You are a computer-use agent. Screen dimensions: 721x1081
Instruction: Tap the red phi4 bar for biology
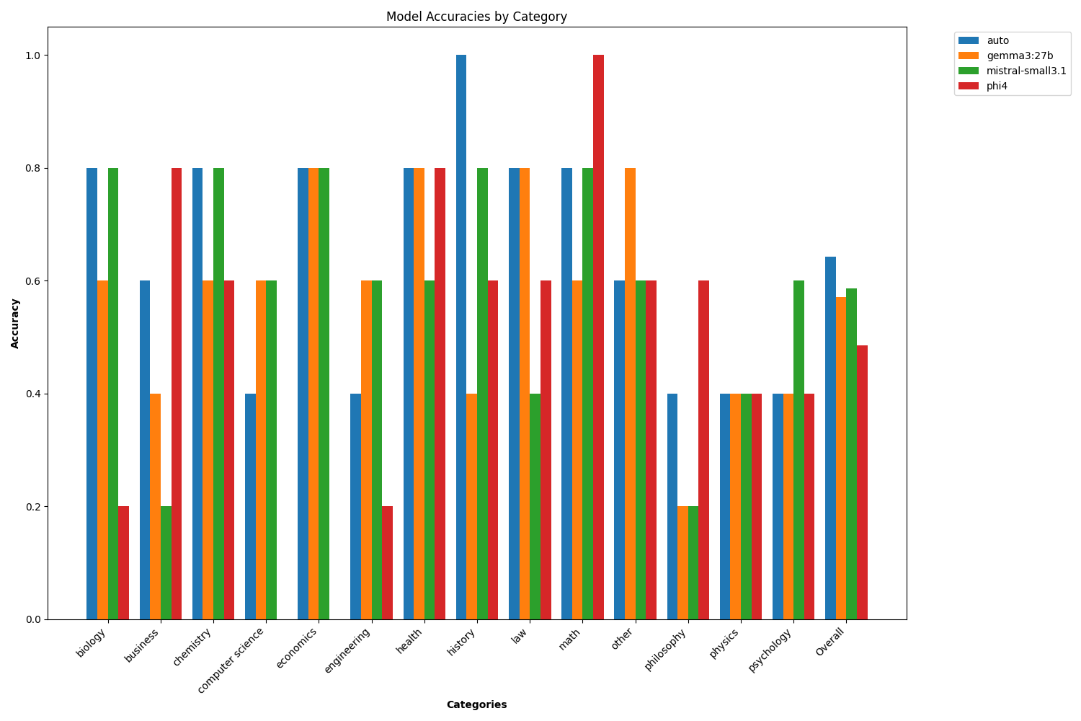point(123,562)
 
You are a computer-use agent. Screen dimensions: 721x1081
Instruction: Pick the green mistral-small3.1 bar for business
point(166,562)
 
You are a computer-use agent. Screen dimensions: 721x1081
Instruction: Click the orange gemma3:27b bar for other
point(630,393)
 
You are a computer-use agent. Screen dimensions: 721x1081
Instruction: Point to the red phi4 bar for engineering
point(387,562)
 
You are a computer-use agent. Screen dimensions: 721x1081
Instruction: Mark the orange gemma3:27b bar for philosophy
point(682,562)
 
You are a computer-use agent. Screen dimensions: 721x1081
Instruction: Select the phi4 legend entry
point(997,86)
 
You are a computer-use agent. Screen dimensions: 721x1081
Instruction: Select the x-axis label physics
point(724,643)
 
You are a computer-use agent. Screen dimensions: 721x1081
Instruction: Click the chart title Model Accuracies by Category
point(476,17)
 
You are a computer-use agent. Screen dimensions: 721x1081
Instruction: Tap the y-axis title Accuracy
point(15,323)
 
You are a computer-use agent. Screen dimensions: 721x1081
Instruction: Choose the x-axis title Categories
point(476,704)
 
